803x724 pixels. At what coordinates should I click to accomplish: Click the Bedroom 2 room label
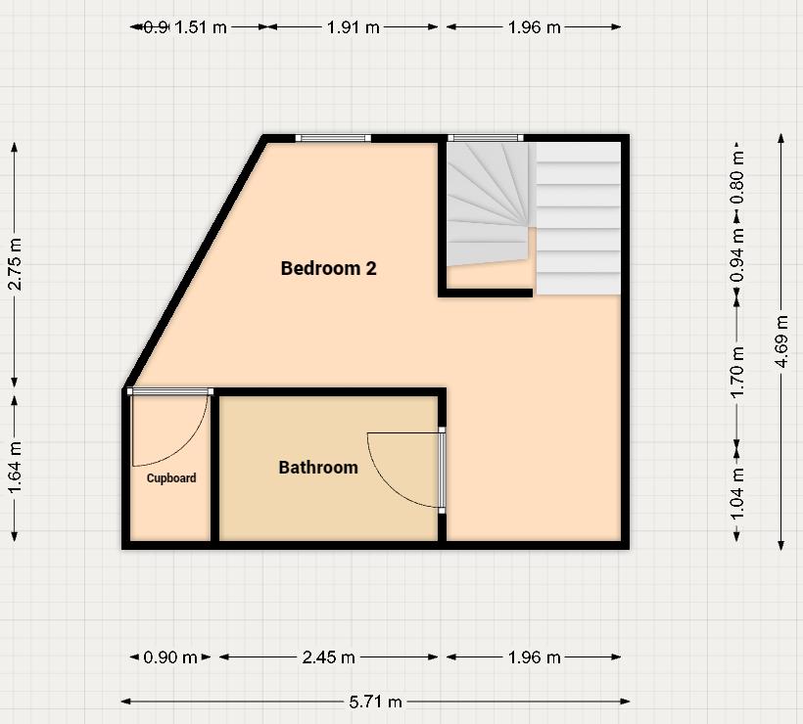pyautogui.click(x=328, y=268)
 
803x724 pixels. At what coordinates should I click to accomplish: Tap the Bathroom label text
pyautogui.click(x=318, y=468)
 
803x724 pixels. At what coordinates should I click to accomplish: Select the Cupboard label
pyautogui.click(x=171, y=478)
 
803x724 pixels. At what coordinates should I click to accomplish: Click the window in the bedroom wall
pyautogui.click(x=334, y=138)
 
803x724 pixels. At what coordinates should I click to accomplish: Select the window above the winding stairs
pyautogui.click(x=486, y=138)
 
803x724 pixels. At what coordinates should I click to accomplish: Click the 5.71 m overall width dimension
pyautogui.click(x=376, y=701)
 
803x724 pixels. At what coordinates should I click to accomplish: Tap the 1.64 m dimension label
pyautogui.click(x=15, y=469)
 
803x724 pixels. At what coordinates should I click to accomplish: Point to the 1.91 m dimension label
pyautogui.click(x=353, y=27)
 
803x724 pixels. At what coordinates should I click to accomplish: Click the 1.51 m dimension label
pyautogui.click(x=200, y=27)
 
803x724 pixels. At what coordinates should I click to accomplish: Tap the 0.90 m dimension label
pyautogui.click(x=170, y=657)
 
